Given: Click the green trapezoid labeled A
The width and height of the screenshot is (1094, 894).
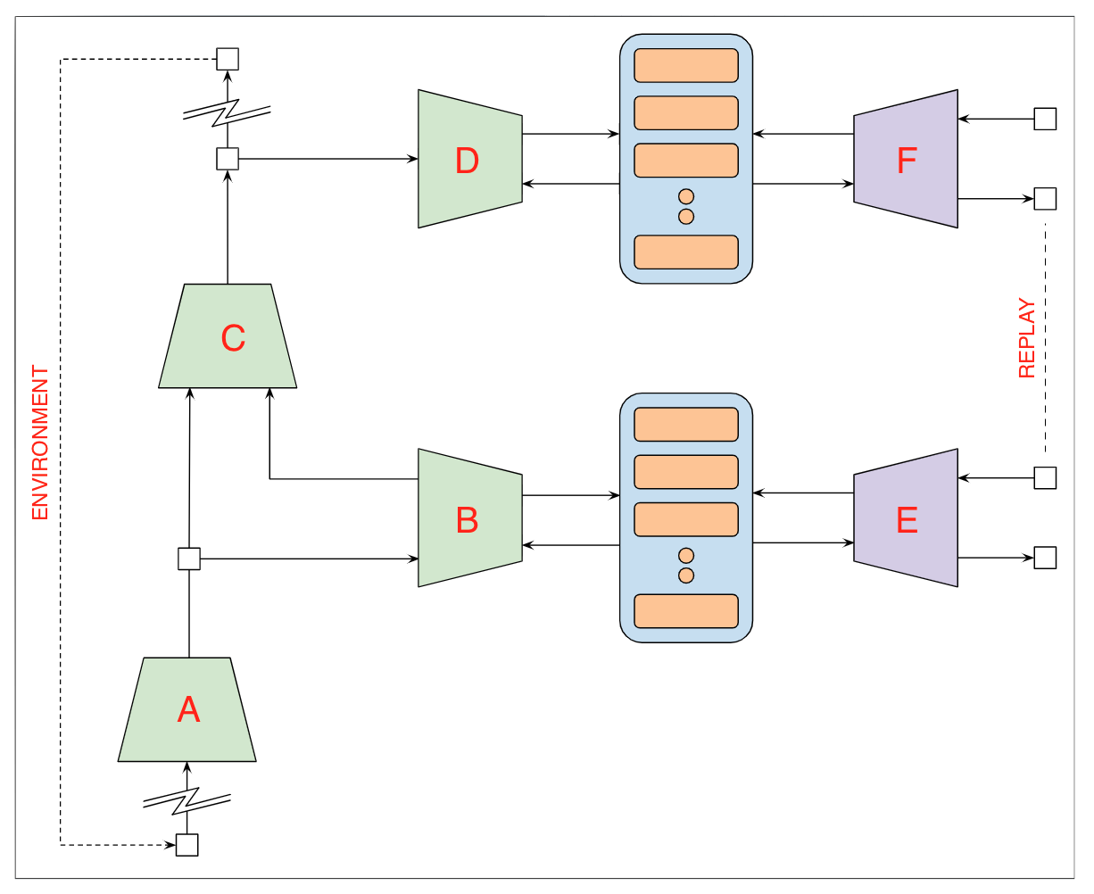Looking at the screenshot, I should click(187, 709).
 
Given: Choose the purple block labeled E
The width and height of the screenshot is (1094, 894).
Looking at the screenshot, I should click(906, 518).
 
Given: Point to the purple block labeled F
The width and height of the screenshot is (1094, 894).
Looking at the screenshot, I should click(906, 160).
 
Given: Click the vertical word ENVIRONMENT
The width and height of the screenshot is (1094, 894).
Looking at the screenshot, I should click(40, 443).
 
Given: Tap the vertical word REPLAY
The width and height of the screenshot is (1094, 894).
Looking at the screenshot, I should click(1028, 339).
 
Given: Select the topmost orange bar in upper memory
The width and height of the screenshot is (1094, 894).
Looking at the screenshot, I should click(686, 65).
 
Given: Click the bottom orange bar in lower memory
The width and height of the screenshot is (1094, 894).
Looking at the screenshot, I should click(686, 610).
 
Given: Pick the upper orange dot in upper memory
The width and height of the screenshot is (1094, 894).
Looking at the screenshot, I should click(686, 197).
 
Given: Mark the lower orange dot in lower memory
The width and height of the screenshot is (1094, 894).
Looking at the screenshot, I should click(686, 575).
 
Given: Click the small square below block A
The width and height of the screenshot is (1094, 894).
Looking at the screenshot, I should click(187, 845).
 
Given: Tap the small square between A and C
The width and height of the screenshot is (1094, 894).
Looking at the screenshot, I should click(189, 559).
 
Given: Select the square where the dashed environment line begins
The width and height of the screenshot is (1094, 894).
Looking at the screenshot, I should click(228, 59).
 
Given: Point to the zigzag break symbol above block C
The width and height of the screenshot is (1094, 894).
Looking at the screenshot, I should click(227, 112).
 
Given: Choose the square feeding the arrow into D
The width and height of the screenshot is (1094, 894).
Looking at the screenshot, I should click(228, 159).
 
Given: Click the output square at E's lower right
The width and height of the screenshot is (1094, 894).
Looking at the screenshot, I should click(1045, 558).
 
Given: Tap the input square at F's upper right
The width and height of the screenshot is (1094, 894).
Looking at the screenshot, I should click(1045, 119).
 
